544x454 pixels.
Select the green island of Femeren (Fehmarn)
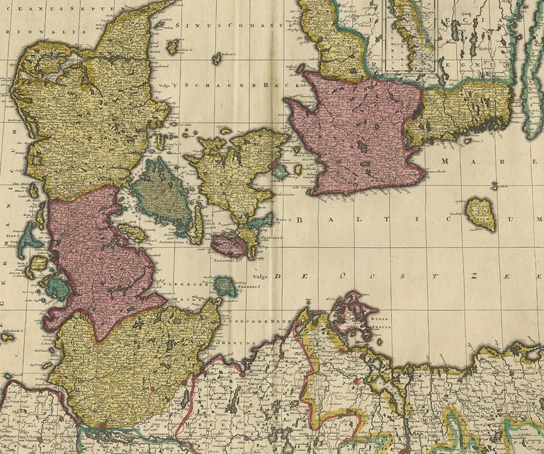226,286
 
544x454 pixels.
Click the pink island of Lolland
228,246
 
